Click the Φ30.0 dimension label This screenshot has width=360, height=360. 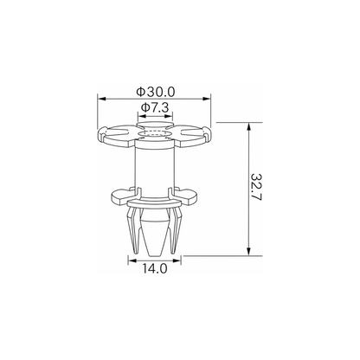click(x=156, y=92)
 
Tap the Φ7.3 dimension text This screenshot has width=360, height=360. click(x=155, y=108)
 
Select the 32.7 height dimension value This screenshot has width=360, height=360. click(x=256, y=187)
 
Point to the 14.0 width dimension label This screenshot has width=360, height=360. click(x=155, y=269)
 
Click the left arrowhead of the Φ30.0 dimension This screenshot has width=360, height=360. click(x=102, y=99)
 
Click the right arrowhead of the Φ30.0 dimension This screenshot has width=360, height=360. click(x=207, y=99)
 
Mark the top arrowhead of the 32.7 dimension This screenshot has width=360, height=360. click(x=248, y=127)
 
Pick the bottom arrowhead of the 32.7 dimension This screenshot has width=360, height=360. click(x=248, y=251)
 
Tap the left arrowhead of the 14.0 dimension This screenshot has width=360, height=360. click(x=132, y=260)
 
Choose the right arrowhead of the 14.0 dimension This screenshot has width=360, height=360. click(x=177, y=260)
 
